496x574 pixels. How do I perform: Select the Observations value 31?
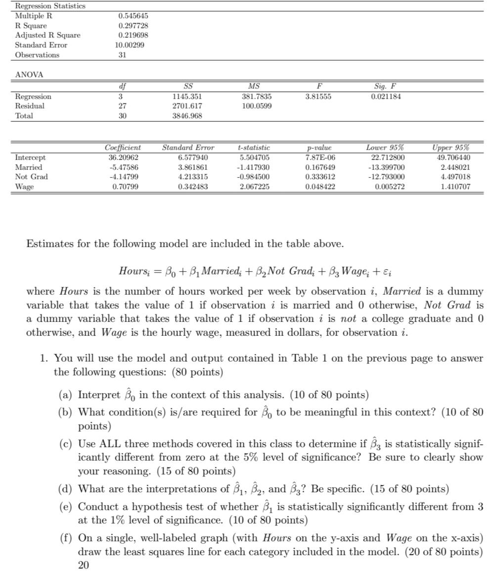122,55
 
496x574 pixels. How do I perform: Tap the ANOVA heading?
29,75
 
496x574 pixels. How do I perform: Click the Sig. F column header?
385,86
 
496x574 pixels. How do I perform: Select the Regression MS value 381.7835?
254,96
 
